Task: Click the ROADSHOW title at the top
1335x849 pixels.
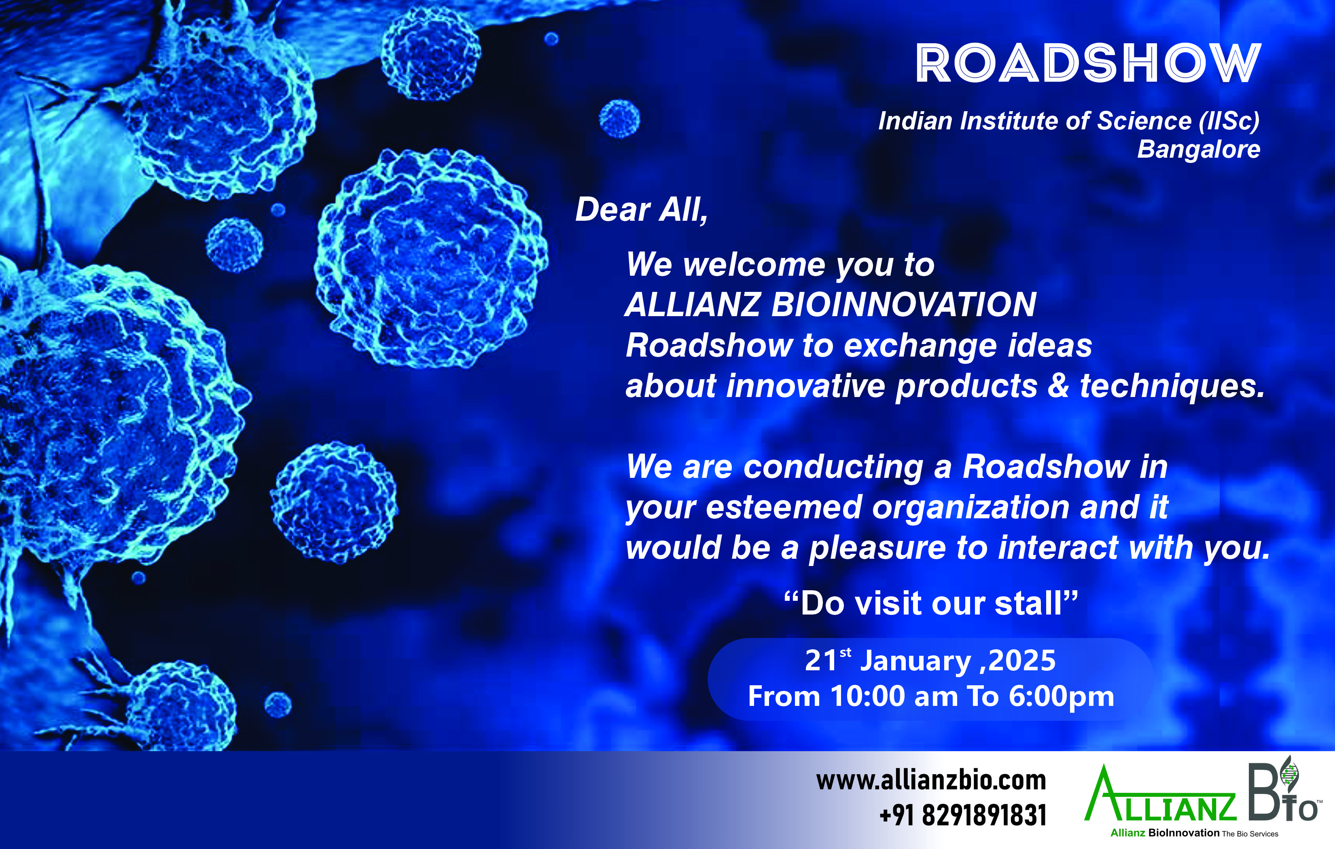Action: click(x=1088, y=64)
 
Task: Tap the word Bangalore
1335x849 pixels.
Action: click(x=1199, y=150)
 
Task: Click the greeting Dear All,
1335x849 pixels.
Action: click(x=642, y=210)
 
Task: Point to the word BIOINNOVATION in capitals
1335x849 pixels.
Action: click(x=904, y=305)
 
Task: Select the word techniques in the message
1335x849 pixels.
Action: click(x=1172, y=386)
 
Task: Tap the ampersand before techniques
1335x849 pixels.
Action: click(x=1058, y=386)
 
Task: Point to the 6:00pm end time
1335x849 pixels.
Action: click(x=1061, y=697)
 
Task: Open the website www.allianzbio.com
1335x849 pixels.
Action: click(x=931, y=780)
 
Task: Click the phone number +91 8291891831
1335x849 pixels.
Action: click(x=963, y=815)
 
